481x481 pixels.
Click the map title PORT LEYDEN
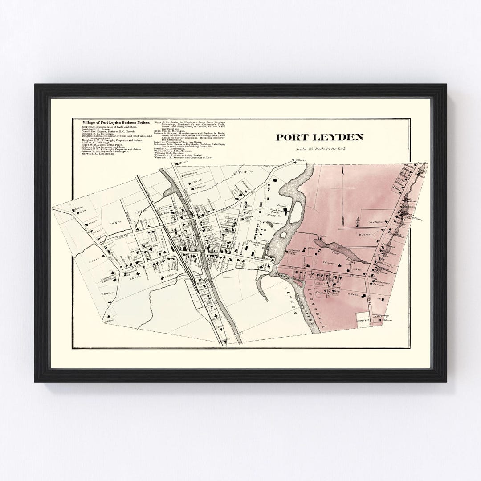319,137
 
